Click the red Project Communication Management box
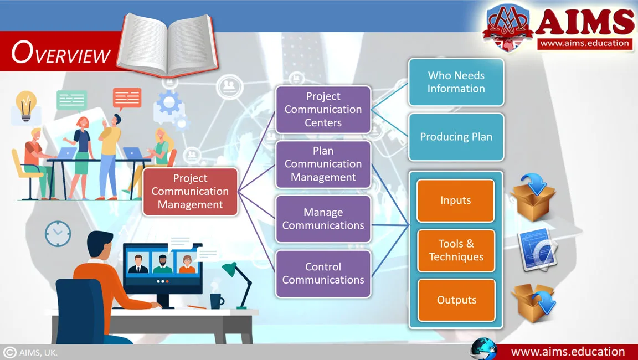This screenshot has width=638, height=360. point(190,192)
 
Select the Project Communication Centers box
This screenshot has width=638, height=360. point(323,110)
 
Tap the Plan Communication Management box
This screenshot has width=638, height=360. point(323,164)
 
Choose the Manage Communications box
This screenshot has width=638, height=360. point(323,219)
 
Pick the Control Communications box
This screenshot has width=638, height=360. point(323,274)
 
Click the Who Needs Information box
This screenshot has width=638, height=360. point(456,82)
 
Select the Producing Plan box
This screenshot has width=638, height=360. point(456,137)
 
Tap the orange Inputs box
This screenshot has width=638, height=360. point(456,200)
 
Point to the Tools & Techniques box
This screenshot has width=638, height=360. point(456,250)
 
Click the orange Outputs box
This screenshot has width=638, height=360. point(456,300)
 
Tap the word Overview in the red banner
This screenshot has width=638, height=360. point(61,54)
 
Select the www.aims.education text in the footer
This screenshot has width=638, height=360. point(568,352)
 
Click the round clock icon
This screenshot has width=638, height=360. point(58,234)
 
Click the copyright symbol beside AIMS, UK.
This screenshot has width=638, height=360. point(9,352)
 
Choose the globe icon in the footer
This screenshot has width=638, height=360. point(483,348)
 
